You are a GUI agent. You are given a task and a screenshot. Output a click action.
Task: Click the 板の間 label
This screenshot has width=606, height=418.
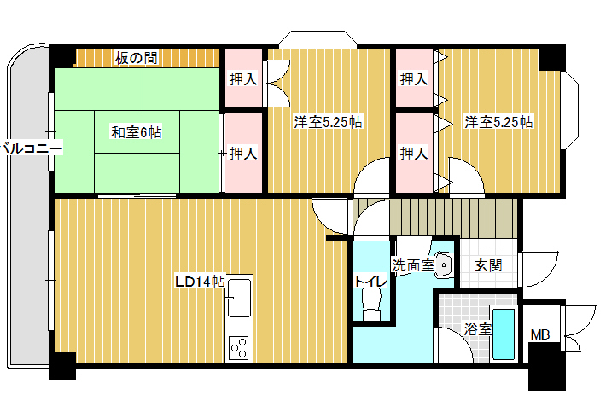click(136, 58)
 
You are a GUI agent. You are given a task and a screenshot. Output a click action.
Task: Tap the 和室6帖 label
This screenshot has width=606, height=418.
click(136, 132)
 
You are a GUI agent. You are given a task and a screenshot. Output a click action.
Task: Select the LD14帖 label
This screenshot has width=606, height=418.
click(200, 282)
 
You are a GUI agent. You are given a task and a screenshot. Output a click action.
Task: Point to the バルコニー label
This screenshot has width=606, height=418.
click(32, 148)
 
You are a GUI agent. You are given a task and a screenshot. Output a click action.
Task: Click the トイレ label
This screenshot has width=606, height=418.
click(371, 282)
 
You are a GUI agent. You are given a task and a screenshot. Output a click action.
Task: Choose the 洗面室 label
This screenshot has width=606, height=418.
click(413, 265)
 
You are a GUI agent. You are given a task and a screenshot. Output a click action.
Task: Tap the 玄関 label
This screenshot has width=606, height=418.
click(488, 265)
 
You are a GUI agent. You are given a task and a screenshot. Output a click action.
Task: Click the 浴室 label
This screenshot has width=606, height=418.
click(478, 329)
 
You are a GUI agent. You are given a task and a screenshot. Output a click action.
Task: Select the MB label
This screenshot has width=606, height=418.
click(540, 334)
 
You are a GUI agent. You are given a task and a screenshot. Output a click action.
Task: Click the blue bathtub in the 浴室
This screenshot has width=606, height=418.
click(504, 334)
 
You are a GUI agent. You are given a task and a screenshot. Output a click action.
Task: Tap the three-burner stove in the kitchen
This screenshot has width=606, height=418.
click(239, 348)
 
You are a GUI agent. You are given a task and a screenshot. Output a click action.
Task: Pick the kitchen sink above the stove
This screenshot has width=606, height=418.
click(239, 298)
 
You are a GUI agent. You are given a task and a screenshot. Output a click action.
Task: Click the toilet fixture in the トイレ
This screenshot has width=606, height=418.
click(371, 304)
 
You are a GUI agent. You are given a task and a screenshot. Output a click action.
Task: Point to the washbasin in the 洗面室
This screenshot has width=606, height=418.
click(444, 265)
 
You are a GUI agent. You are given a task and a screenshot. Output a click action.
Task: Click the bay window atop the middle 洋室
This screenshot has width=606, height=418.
click(318, 40)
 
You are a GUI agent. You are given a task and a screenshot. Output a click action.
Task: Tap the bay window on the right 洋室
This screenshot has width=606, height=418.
click(569, 110)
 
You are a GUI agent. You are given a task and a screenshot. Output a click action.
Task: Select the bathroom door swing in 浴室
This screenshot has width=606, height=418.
click(454, 345)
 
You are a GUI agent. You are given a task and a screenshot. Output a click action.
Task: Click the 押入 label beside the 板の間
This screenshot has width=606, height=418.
click(243, 79)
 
